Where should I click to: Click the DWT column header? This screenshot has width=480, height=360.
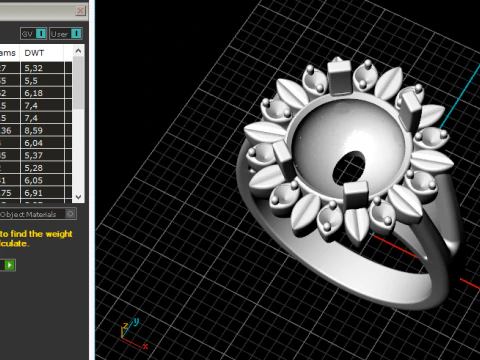coord(34,52)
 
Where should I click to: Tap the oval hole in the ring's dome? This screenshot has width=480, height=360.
coord(351,162)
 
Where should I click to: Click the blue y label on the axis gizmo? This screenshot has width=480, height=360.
coord(135,322)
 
